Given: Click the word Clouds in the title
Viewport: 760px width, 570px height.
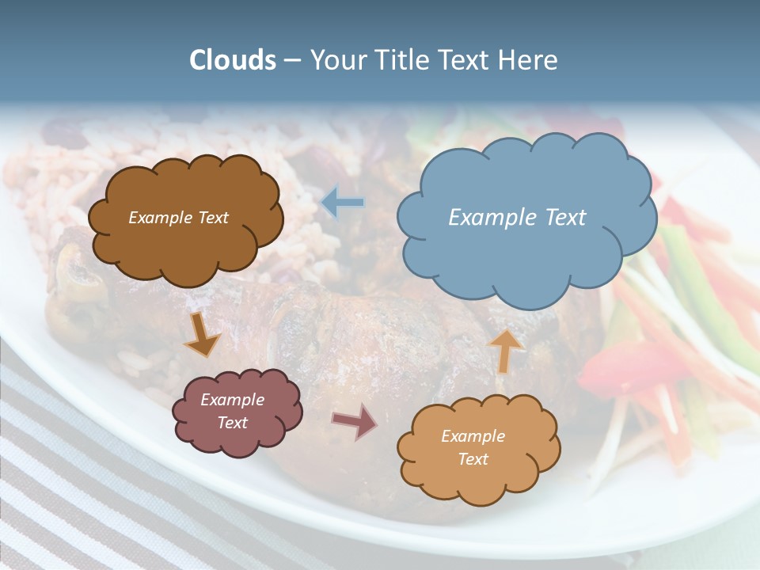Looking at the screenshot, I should [x=233, y=60].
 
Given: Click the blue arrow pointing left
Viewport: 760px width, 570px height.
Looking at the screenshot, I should [x=343, y=203].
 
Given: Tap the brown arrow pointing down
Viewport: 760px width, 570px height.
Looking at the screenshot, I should [x=202, y=334].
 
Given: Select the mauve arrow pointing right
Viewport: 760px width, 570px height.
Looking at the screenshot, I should [x=355, y=421].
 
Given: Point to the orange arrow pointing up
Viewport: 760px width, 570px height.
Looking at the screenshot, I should [x=505, y=350].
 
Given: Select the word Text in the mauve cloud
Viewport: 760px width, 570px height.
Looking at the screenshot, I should [x=233, y=423].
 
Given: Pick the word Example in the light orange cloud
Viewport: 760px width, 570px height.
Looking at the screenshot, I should [x=473, y=436].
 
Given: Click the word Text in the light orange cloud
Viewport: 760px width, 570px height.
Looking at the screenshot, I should [x=473, y=459].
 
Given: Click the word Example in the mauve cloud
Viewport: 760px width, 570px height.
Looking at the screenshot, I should [x=233, y=400].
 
